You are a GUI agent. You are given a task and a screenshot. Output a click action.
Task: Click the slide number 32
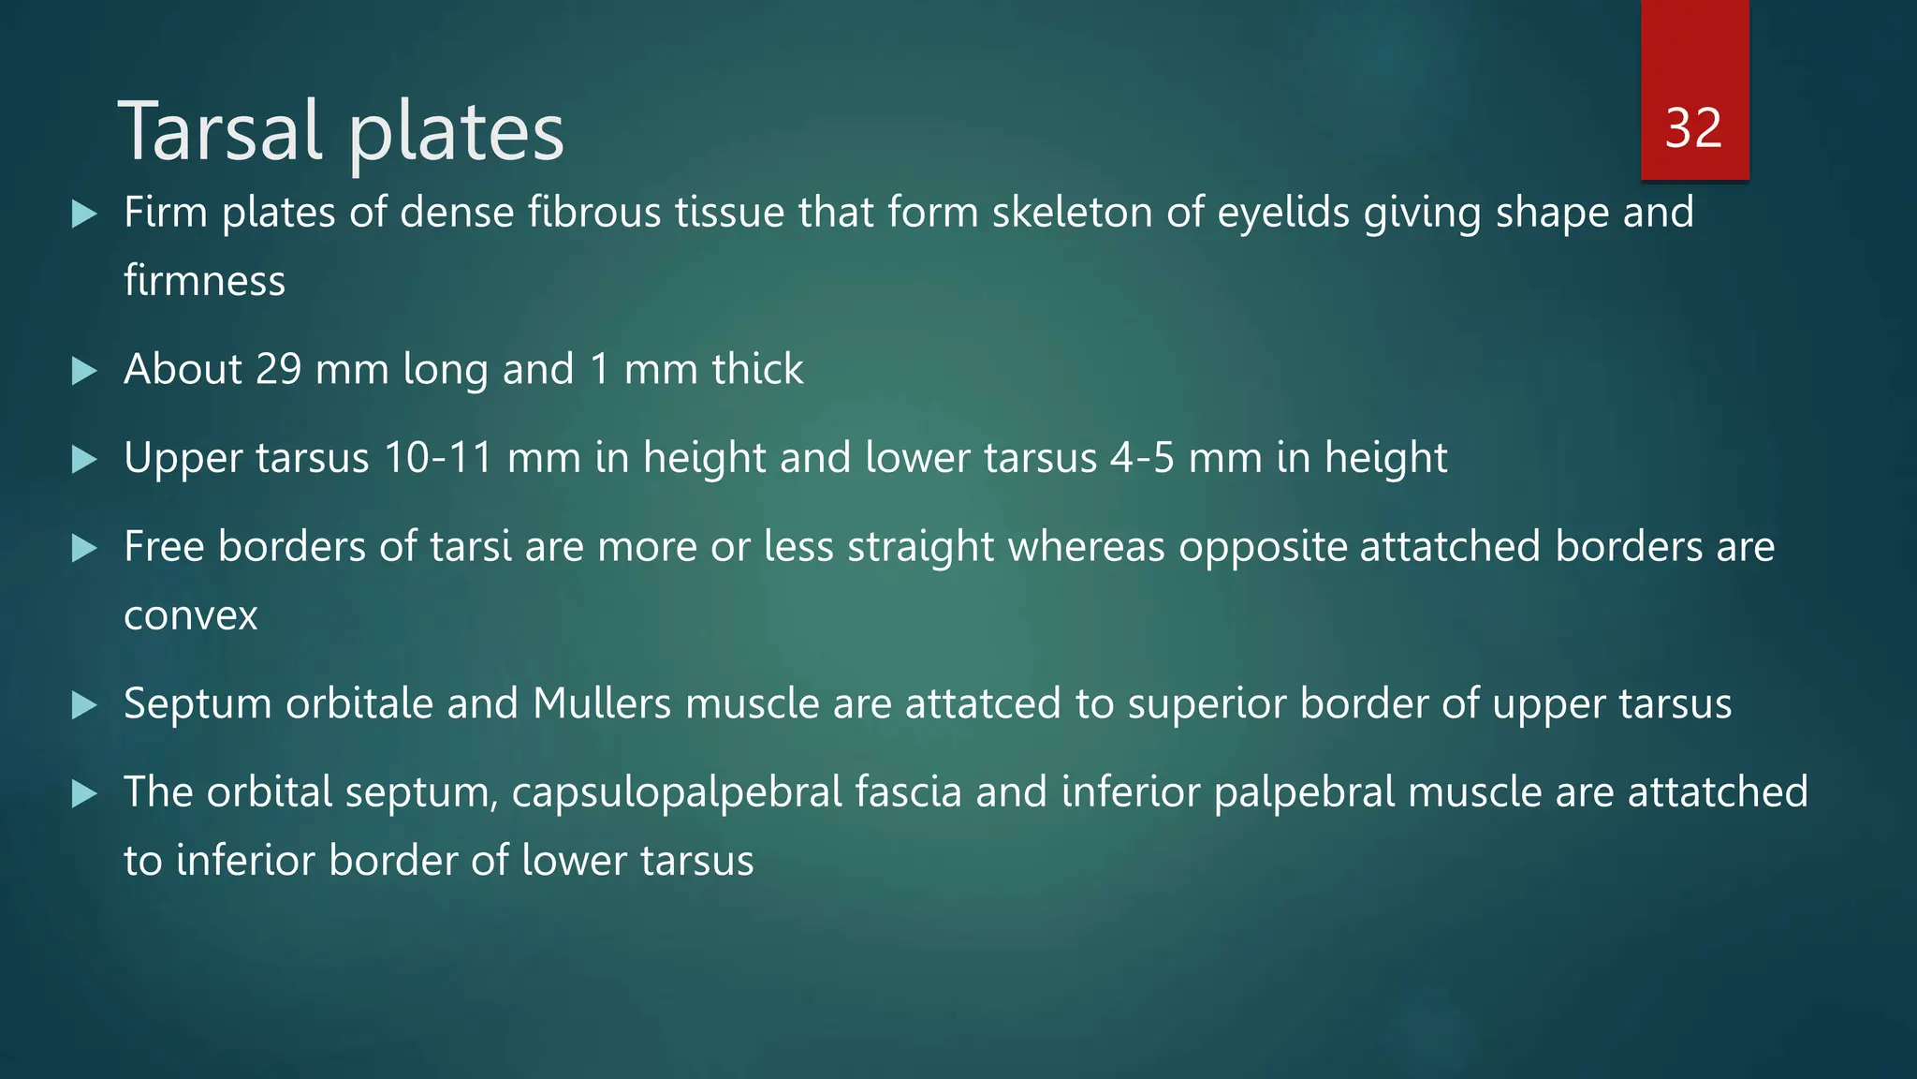pos(1693,128)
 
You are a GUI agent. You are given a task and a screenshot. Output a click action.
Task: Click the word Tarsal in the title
pos(221,131)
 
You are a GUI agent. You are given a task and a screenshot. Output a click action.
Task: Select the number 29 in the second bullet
pos(278,369)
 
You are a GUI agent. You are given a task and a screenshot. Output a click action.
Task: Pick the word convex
pos(190,616)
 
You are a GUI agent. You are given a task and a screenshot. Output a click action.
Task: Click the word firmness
pos(204,281)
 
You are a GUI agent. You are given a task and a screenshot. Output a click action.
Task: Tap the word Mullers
pos(602,703)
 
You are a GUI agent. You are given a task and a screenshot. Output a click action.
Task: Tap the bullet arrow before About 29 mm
pos(84,372)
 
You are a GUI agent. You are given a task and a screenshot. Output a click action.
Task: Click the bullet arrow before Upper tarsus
pos(84,460)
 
